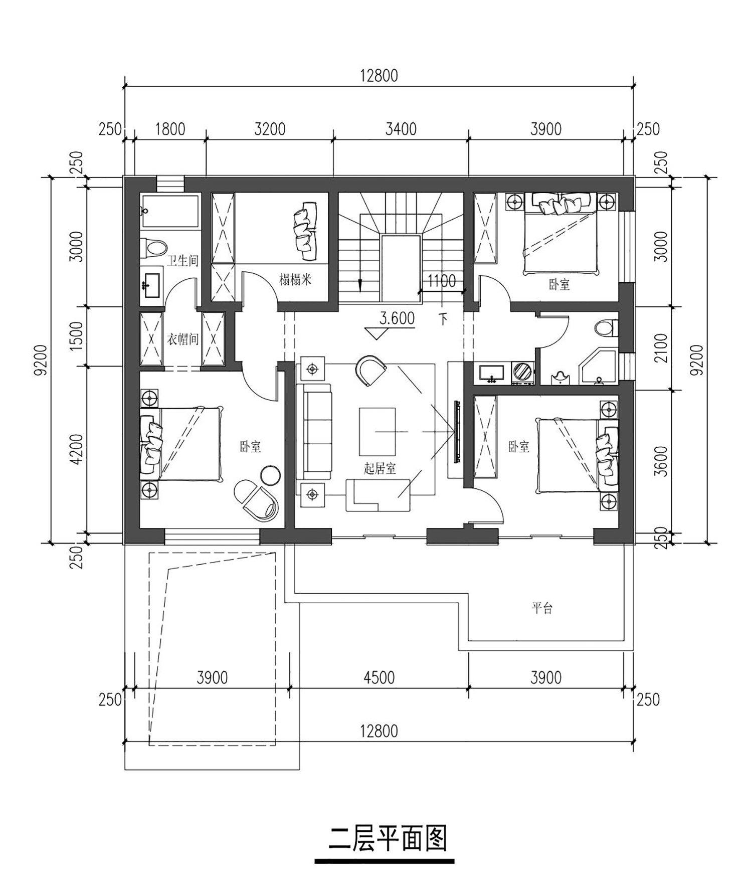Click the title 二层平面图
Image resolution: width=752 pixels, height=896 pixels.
[388, 839]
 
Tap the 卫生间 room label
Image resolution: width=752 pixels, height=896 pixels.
[182, 261]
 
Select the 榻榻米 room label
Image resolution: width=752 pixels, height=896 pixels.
[295, 279]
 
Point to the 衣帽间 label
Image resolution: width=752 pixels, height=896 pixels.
[182, 339]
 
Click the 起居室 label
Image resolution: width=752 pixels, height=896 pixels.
[380, 469]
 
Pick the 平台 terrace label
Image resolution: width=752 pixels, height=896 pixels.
[542, 608]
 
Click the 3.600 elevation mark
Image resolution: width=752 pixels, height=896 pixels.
[397, 318]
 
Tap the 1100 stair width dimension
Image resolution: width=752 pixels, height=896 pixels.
[441, 281]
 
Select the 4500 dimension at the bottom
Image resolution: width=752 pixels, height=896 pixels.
[379, 678]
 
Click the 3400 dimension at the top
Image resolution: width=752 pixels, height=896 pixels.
[401, 129]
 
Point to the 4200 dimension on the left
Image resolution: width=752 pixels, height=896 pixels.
[77, 449]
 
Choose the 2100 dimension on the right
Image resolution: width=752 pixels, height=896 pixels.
[661, 348]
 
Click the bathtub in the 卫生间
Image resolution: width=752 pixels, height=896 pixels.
[170, 212]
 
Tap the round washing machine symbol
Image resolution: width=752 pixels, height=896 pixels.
[523, 372]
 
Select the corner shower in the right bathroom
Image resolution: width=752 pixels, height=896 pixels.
[598, 368]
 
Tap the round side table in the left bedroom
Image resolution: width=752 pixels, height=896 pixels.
[271, 475]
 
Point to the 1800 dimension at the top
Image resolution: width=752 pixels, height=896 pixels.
[170, 129]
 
